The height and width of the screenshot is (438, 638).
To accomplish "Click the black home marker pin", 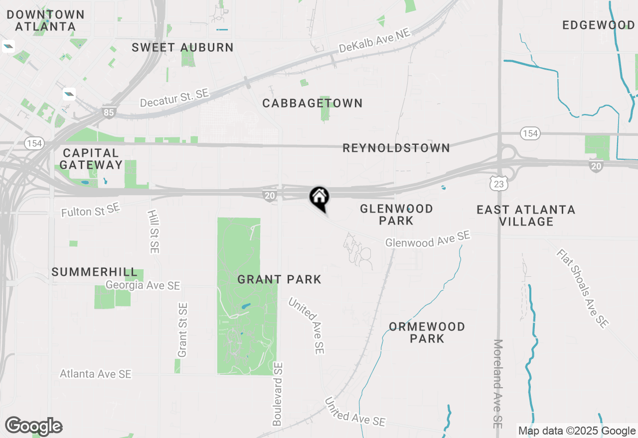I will click(x=319, y=198).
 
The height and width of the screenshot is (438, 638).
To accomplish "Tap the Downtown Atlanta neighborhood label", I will click(x=45, y=20).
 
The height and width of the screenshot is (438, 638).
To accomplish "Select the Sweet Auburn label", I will click(x=182, y=48).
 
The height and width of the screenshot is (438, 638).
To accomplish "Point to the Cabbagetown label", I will click(x=313, y=104).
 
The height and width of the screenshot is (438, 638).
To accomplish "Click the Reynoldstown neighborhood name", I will click(x=396, y=148).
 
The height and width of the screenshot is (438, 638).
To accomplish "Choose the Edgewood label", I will click(x=599, y=25).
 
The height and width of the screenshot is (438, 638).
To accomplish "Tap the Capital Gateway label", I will click(x=91, y=159).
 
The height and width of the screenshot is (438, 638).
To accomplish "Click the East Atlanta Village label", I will click(x=526, y=216).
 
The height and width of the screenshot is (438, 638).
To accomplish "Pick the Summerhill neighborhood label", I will click(x=95, y=272).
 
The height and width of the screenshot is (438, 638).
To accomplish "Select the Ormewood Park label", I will click(x=427, y=332).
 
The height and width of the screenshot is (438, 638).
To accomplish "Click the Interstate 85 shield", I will click(x=109, y=112).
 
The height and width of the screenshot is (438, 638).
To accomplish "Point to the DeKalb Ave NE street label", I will click(x=374, y=41).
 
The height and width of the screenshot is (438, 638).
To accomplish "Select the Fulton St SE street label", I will click(x=91, y=210).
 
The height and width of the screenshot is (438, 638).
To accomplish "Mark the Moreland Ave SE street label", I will click(x=497, y=383).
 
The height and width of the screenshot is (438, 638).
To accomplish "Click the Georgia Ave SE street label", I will click(x=143, y=286).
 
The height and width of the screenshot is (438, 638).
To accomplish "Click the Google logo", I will click(x=33, y=426).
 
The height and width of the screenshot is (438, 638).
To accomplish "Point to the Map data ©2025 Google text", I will click(x=577, y=431).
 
